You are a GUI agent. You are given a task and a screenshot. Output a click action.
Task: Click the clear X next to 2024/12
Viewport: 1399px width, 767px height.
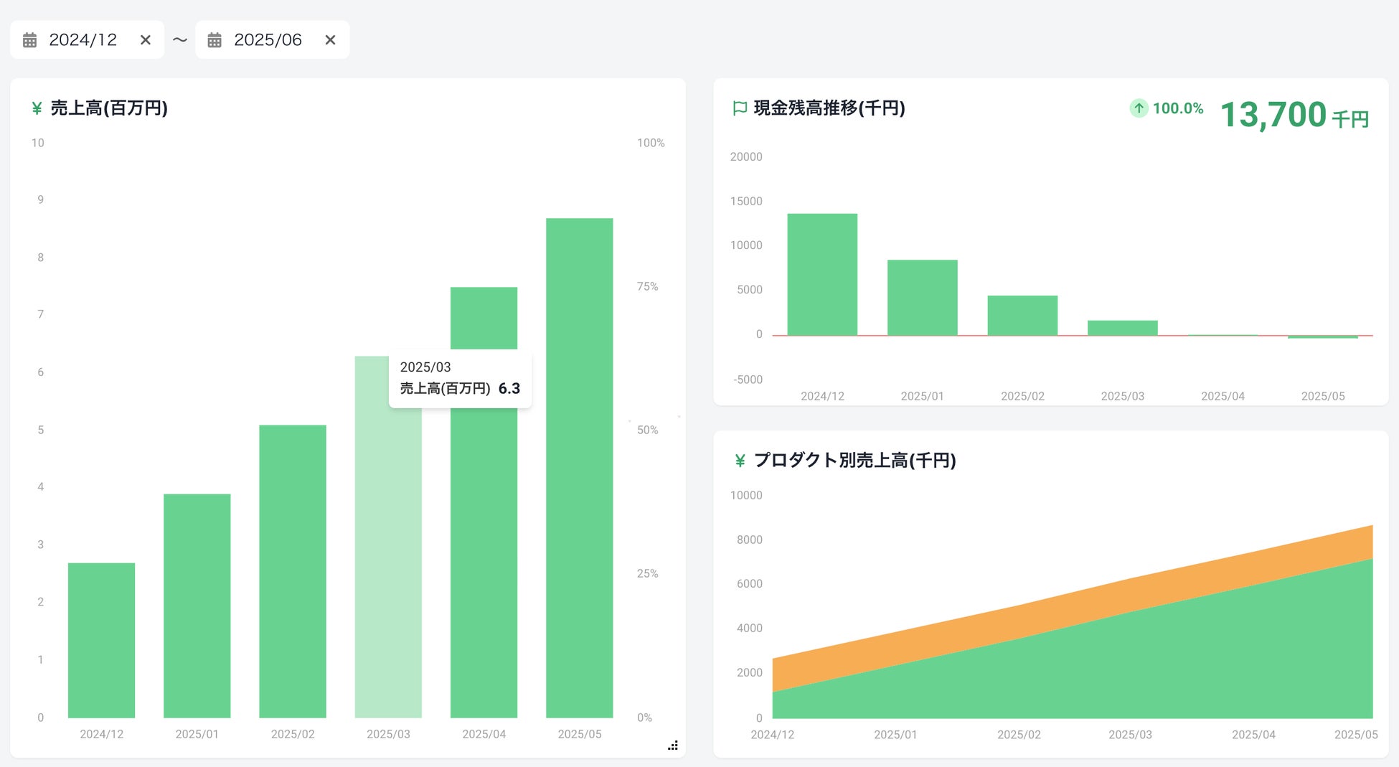pos(146,40)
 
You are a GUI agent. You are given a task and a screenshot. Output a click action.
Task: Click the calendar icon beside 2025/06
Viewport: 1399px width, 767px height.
pos(215,40)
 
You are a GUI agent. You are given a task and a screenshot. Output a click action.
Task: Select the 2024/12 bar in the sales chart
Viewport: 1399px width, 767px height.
pos(101,640)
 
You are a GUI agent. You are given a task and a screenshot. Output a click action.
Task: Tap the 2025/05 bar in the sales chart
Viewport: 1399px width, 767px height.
pos(580,468)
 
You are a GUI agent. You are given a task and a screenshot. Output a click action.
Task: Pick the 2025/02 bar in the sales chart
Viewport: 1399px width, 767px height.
pos(293,571)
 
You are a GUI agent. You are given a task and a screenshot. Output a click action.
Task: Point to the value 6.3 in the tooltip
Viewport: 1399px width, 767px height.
pos(509,389)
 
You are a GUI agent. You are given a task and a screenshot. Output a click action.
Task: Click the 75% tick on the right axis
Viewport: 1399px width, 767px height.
pos(647,286)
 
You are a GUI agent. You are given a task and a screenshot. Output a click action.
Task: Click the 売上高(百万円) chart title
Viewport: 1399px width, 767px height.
pos(109,108)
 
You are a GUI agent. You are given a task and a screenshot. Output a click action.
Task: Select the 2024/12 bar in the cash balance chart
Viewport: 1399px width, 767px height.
pos(822,274)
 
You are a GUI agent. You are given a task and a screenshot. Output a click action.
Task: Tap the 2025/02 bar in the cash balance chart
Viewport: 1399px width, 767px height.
pos(1022,315)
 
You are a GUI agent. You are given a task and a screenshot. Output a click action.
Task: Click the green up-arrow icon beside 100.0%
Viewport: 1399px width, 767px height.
pos(1139,108)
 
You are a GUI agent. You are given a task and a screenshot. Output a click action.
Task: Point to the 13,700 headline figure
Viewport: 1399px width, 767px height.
pos(1273,115)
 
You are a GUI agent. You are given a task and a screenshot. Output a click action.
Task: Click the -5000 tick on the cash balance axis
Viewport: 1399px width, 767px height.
pos(748,380)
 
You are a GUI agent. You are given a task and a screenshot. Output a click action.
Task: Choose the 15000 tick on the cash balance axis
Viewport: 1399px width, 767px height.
pos(746,201)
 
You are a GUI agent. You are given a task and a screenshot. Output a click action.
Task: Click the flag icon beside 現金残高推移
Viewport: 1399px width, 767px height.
pos(740,108)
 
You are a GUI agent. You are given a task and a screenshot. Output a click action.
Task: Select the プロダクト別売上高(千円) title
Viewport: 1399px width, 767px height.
pos(855,461)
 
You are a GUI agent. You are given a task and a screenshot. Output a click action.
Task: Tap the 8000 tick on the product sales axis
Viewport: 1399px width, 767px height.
pos(749,540)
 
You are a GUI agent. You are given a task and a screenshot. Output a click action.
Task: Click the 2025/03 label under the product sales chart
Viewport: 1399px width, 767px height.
pos(1130,735)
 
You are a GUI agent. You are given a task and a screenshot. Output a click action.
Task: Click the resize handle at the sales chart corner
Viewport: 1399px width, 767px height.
pos(673,746)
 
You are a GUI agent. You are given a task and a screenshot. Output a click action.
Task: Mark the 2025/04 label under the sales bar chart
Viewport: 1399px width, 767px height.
pos(484,734)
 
